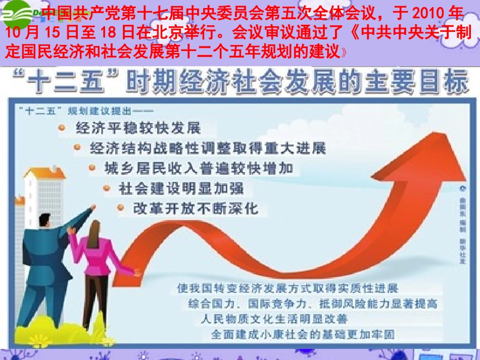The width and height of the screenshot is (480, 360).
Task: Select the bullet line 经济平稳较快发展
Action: tap(138, 127)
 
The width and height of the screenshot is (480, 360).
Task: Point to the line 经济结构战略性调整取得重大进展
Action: tap(208, 148)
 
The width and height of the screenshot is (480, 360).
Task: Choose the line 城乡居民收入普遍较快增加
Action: tap(199, 168)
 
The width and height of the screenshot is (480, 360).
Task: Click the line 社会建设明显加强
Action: tap(181, 188)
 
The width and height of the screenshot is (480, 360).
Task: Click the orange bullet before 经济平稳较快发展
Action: tap(62, 128)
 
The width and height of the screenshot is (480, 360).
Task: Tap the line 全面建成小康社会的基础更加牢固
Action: tap(303, 334)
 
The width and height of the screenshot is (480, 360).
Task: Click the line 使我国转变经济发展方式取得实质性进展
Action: tap(287, 288)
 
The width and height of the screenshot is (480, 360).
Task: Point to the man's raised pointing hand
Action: tap(91, 209)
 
